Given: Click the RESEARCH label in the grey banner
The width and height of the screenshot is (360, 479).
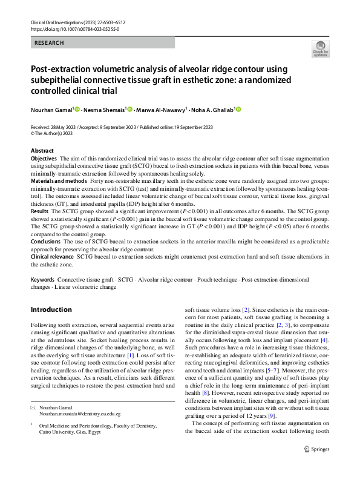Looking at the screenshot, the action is (49, 43).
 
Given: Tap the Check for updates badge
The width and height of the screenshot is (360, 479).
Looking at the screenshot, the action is (319, 49).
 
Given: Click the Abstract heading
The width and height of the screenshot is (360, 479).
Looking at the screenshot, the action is (42, 151).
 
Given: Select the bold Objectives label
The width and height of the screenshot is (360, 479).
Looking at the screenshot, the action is (44, 158).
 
